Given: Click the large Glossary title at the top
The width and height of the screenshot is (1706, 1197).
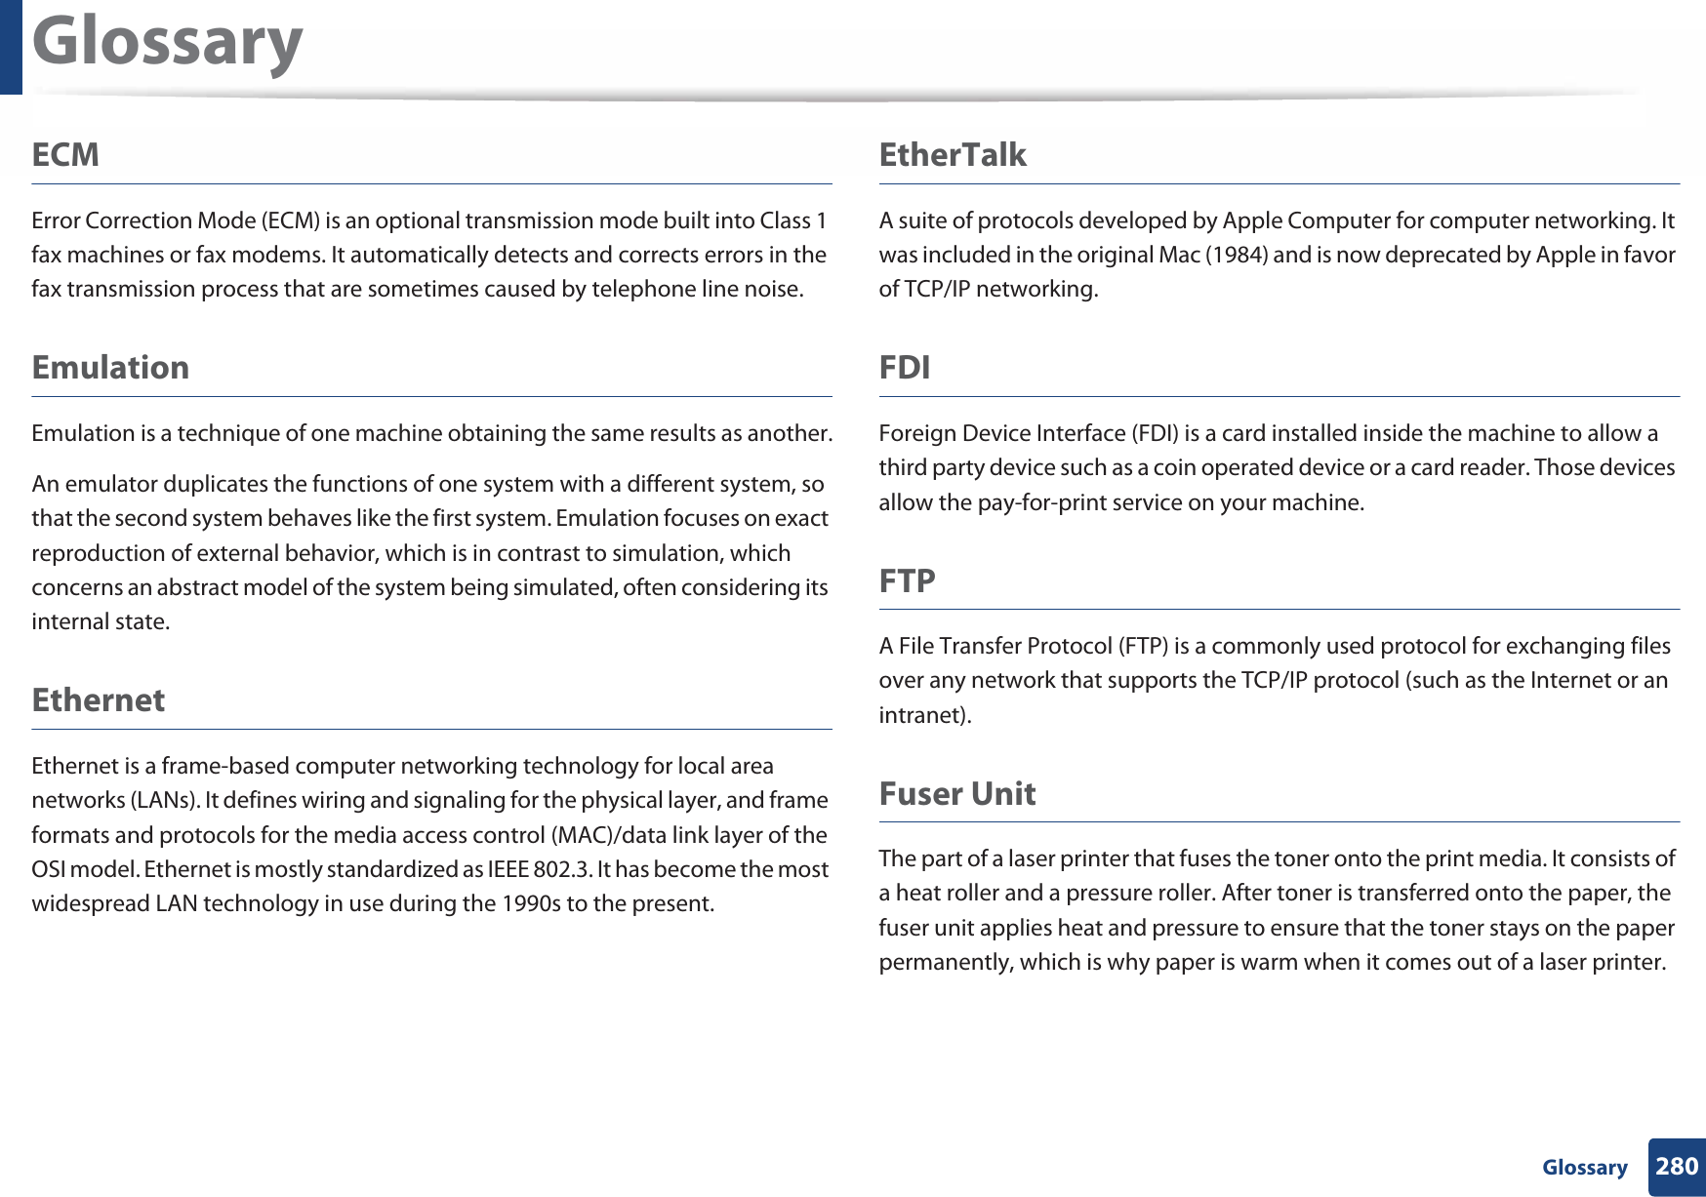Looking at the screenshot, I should (x=167, y=44).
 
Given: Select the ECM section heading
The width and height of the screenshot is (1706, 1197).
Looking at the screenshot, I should (x=65, y=155).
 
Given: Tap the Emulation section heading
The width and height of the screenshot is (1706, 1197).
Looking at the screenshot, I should (x=110, y=368).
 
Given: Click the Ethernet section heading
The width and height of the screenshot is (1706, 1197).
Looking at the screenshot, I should (x=98, y=700).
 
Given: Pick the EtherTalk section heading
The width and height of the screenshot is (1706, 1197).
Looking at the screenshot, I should (x=953, y=155).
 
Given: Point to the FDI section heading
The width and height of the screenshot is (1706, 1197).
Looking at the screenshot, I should (x=904, y=368).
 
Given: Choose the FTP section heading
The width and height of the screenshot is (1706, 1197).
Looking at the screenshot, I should (x=907, y=581).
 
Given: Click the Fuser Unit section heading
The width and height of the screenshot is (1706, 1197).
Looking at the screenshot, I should (x=956, y=794).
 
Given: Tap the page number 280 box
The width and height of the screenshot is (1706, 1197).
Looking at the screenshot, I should (x=1677, y=1167).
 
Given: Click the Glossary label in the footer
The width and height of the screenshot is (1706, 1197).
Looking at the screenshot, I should (x=1584, y=1168).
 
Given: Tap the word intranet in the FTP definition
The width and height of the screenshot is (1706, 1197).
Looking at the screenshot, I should (x=922, y=715).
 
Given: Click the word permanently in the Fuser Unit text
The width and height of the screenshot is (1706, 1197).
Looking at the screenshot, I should (x=945, y=963).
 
